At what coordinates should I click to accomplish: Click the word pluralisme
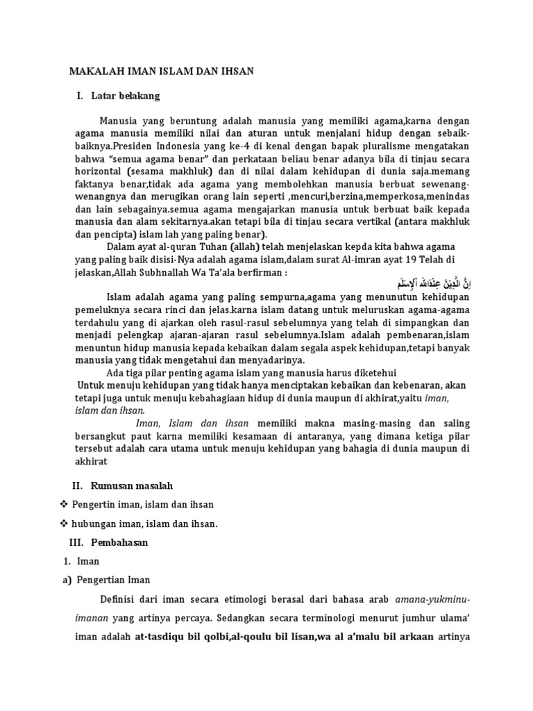click(371, 147)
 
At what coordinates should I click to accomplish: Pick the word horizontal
click(99, 172)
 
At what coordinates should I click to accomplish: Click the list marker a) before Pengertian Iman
click(67, 580)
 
